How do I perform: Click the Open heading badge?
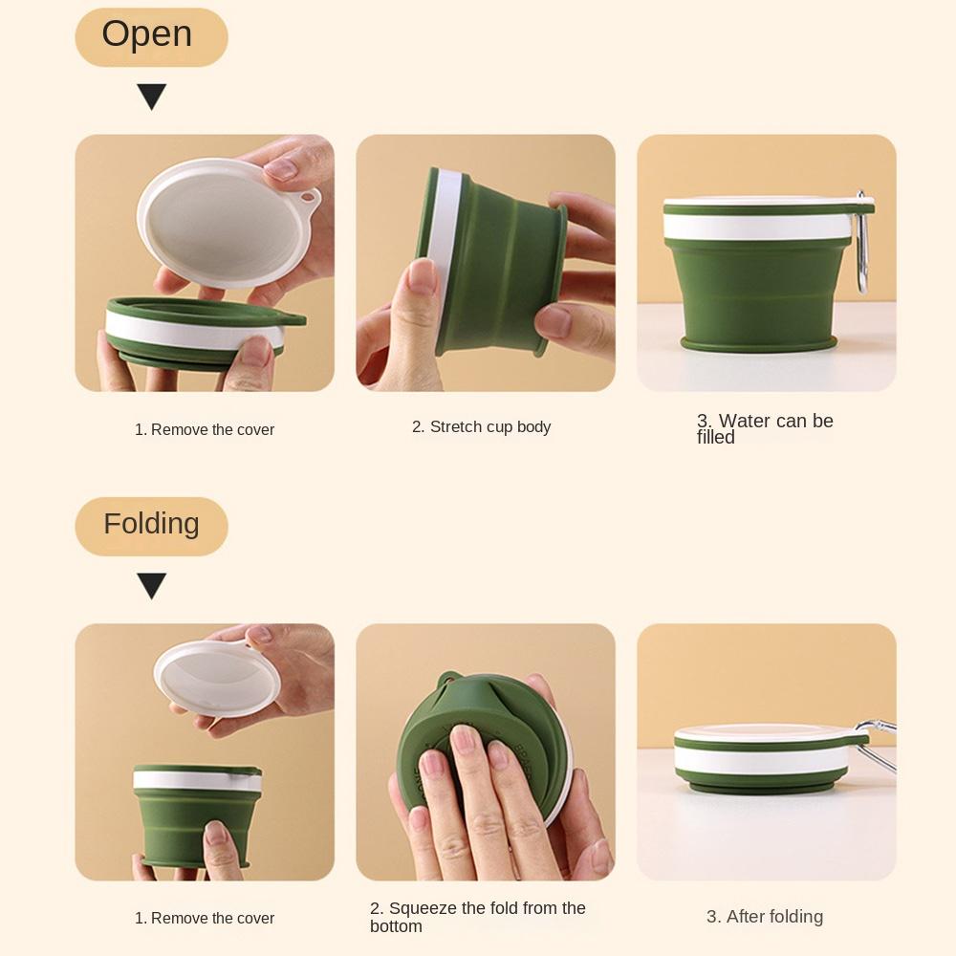(x=151, y=36)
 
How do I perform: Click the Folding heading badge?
(x=151, y=525)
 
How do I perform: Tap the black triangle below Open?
(x=151, y=97)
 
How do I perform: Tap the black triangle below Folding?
(x=151, y=585)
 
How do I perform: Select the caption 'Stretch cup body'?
(x=481, y=426)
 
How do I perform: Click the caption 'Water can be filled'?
(x=765, y=428)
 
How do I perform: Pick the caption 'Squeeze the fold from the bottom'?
(x=478, y=917)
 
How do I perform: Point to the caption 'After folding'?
(x=765, y=917)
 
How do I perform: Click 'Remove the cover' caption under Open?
(x=205, y=430)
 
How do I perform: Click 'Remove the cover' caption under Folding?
(x=205, y=919)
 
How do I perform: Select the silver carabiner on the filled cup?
(x=863, y=244)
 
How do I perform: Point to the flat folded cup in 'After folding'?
(x=770, y=760)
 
